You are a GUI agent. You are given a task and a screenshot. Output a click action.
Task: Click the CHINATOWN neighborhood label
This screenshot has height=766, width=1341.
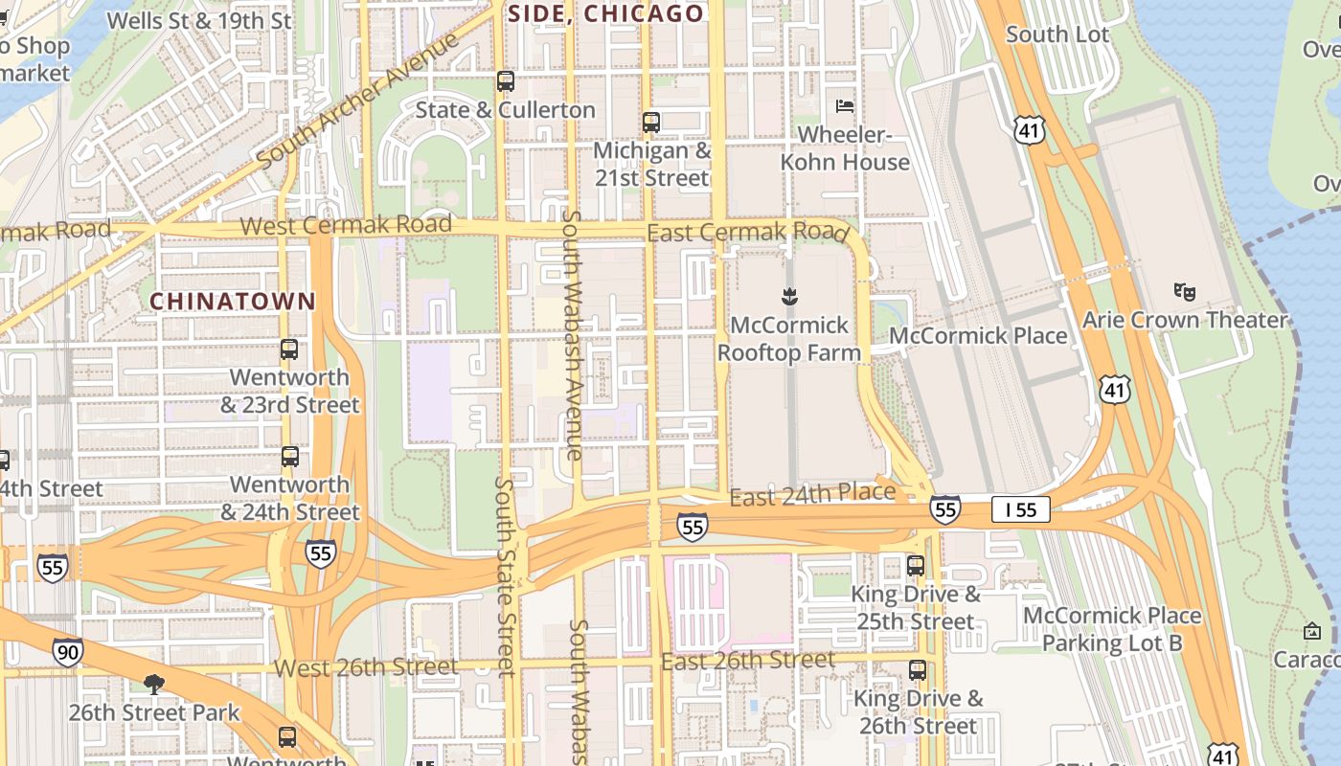233,301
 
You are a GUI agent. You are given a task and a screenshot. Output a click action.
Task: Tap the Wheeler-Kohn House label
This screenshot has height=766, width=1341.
845,148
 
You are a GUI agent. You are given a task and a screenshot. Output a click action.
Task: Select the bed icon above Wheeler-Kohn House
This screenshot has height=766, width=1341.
845,105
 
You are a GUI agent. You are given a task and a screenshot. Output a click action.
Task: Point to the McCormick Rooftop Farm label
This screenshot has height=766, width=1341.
790,339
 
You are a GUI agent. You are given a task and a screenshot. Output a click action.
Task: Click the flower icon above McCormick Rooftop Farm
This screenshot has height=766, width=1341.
789,297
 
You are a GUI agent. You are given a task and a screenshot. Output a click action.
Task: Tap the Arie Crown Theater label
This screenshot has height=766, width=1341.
1185,320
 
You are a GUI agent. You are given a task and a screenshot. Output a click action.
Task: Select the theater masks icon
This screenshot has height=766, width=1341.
1185,290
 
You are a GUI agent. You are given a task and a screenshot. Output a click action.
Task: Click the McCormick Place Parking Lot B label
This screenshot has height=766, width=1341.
1112,629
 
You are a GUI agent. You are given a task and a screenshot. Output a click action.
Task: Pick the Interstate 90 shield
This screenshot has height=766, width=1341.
67,652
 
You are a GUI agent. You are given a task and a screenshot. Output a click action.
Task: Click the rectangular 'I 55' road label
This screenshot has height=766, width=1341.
1020,509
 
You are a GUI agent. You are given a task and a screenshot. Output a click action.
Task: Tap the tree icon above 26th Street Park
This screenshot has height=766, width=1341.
153,684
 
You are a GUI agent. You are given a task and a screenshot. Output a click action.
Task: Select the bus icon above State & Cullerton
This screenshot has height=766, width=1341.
505,81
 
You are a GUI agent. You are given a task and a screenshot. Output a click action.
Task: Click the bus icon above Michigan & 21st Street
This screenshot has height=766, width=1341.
651,123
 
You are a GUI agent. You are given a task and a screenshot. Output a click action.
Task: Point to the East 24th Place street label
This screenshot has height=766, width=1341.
812,495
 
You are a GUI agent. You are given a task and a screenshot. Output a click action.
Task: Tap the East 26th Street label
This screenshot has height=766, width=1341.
747,661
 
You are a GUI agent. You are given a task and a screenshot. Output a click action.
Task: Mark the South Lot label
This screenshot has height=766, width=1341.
1057,34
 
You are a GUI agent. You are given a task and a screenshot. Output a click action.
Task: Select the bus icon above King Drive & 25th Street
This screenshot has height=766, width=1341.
916,566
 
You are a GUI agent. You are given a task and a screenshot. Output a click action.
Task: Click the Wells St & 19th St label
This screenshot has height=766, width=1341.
199,20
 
